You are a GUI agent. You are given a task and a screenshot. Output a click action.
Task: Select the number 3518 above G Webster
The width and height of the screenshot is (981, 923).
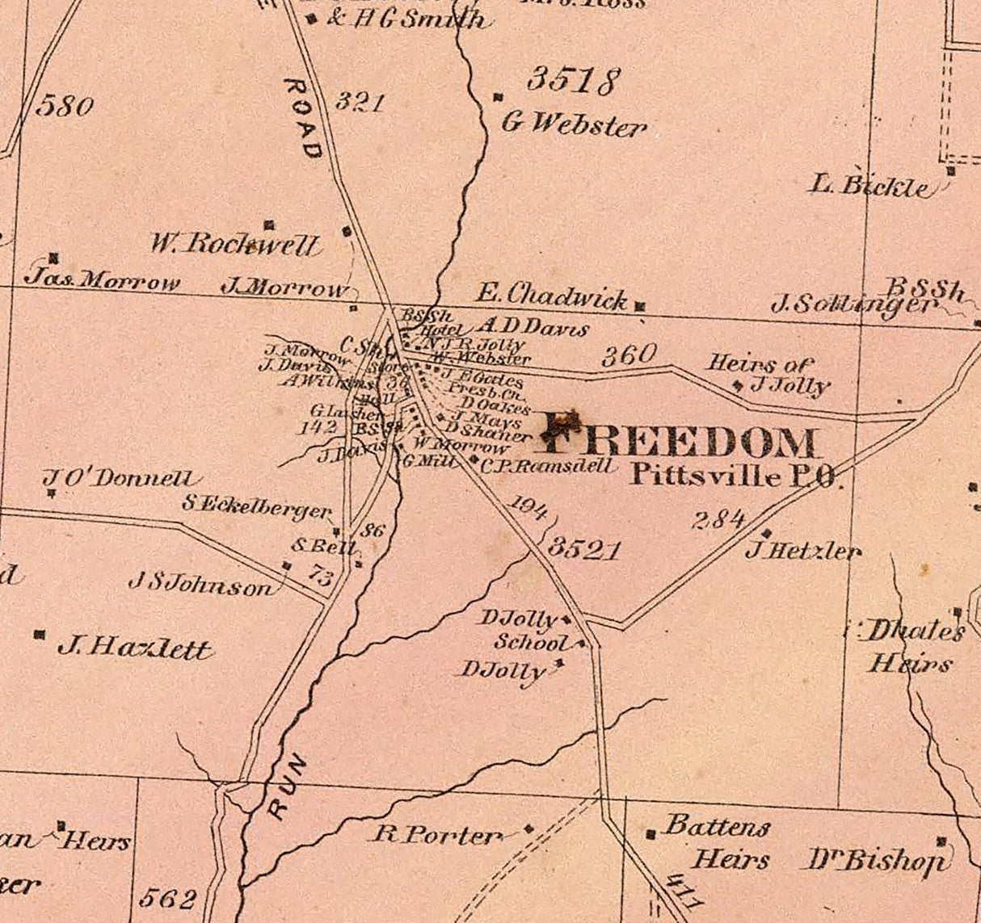click(573, 81)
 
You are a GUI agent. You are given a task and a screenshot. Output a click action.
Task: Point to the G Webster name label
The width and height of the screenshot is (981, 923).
click(574, 124)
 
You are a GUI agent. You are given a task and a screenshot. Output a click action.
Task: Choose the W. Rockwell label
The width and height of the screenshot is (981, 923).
click(234, 244)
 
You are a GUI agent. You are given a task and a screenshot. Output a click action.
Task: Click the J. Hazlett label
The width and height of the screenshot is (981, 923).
click(134, 648)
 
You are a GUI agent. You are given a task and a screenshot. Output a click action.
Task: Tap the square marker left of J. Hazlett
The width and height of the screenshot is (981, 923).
click(39, 635)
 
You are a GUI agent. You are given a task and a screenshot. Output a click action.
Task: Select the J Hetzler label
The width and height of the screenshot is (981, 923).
click(803, 552)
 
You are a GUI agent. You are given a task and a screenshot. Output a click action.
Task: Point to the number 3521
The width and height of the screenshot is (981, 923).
click(585, 550)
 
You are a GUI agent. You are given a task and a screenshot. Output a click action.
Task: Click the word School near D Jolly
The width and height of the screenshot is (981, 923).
click(532, 643)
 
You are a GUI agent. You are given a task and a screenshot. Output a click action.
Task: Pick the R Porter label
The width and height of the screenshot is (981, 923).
click(436, 834)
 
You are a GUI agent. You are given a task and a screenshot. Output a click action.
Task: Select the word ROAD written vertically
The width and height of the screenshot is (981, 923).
click(304, 118)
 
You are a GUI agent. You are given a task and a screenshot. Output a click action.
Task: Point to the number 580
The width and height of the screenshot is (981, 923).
click(65, 106)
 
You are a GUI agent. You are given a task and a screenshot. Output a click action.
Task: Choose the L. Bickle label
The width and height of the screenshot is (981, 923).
click(869, 187)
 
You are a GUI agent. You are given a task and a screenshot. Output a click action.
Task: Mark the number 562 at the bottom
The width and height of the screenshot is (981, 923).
click(168, 898)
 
